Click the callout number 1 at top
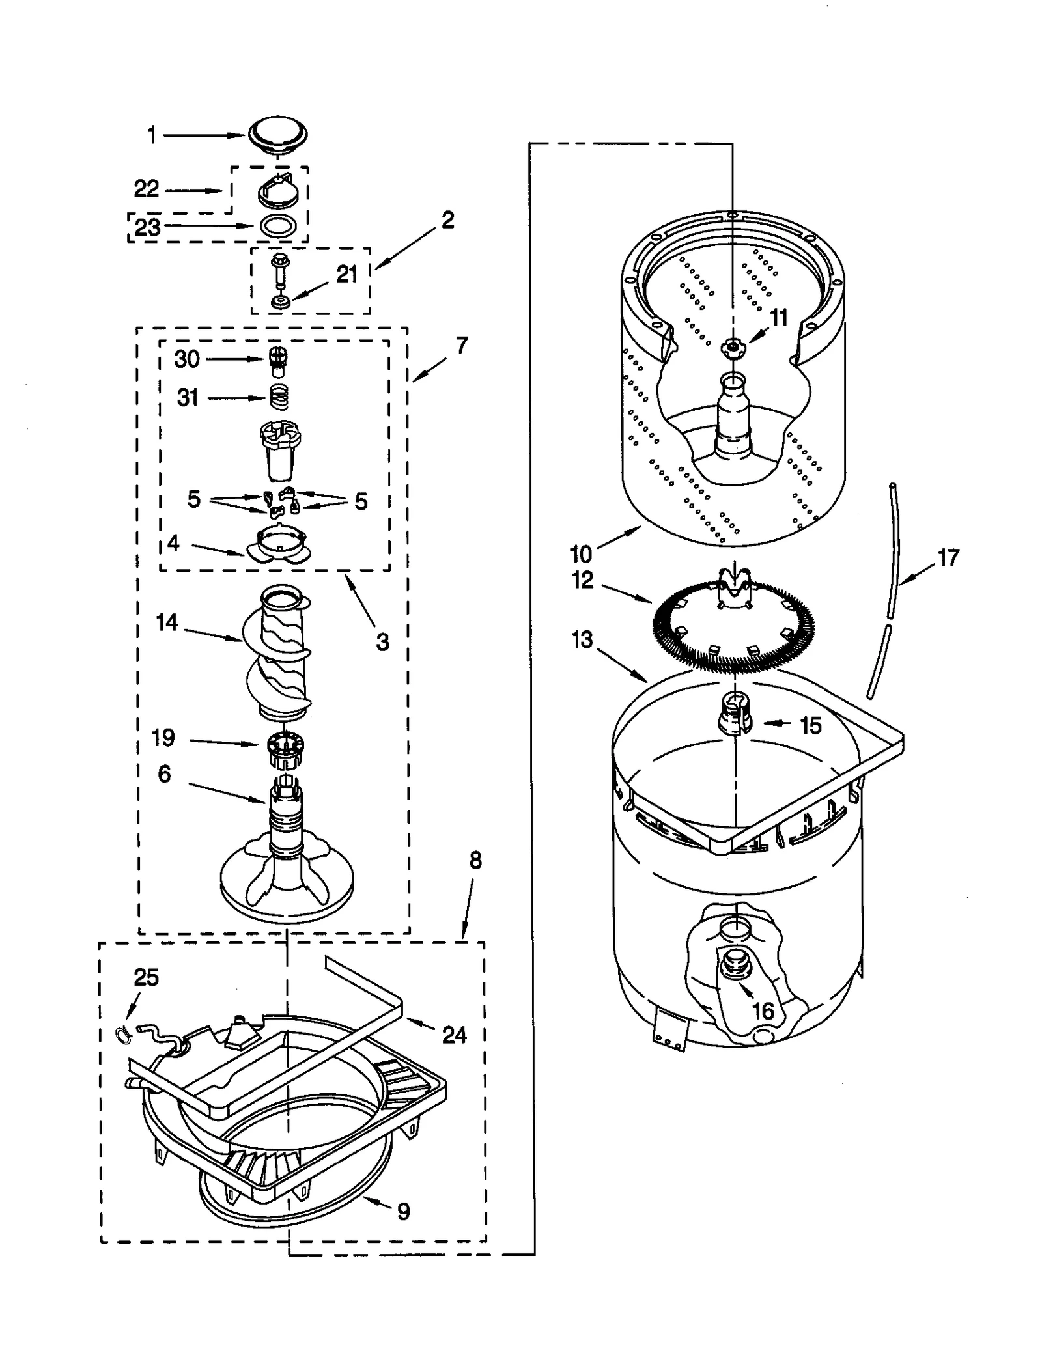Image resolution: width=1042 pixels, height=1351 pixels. click(152, 135)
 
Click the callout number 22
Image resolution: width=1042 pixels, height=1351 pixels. click(147, 189)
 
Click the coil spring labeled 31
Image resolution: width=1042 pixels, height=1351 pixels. click(279, 397)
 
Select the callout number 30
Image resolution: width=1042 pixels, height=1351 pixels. click(187, 359)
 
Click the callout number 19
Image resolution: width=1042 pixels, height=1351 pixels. click(163, 738)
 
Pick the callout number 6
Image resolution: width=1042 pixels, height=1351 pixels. click(164, 774)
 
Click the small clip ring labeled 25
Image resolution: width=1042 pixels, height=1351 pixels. click(122, 1032)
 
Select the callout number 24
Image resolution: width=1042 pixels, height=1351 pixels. click(454, 1035)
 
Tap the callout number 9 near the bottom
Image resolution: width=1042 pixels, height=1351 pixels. click(403, 1212)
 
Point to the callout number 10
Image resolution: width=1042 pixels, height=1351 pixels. click(581, 554)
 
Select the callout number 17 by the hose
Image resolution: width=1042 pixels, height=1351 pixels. click(948, 558)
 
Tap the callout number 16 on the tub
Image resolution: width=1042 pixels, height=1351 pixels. click(763, 1011)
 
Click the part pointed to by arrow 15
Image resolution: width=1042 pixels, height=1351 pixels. click(734, 714)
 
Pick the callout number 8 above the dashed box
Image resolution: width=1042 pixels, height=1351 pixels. click(475, 861)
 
